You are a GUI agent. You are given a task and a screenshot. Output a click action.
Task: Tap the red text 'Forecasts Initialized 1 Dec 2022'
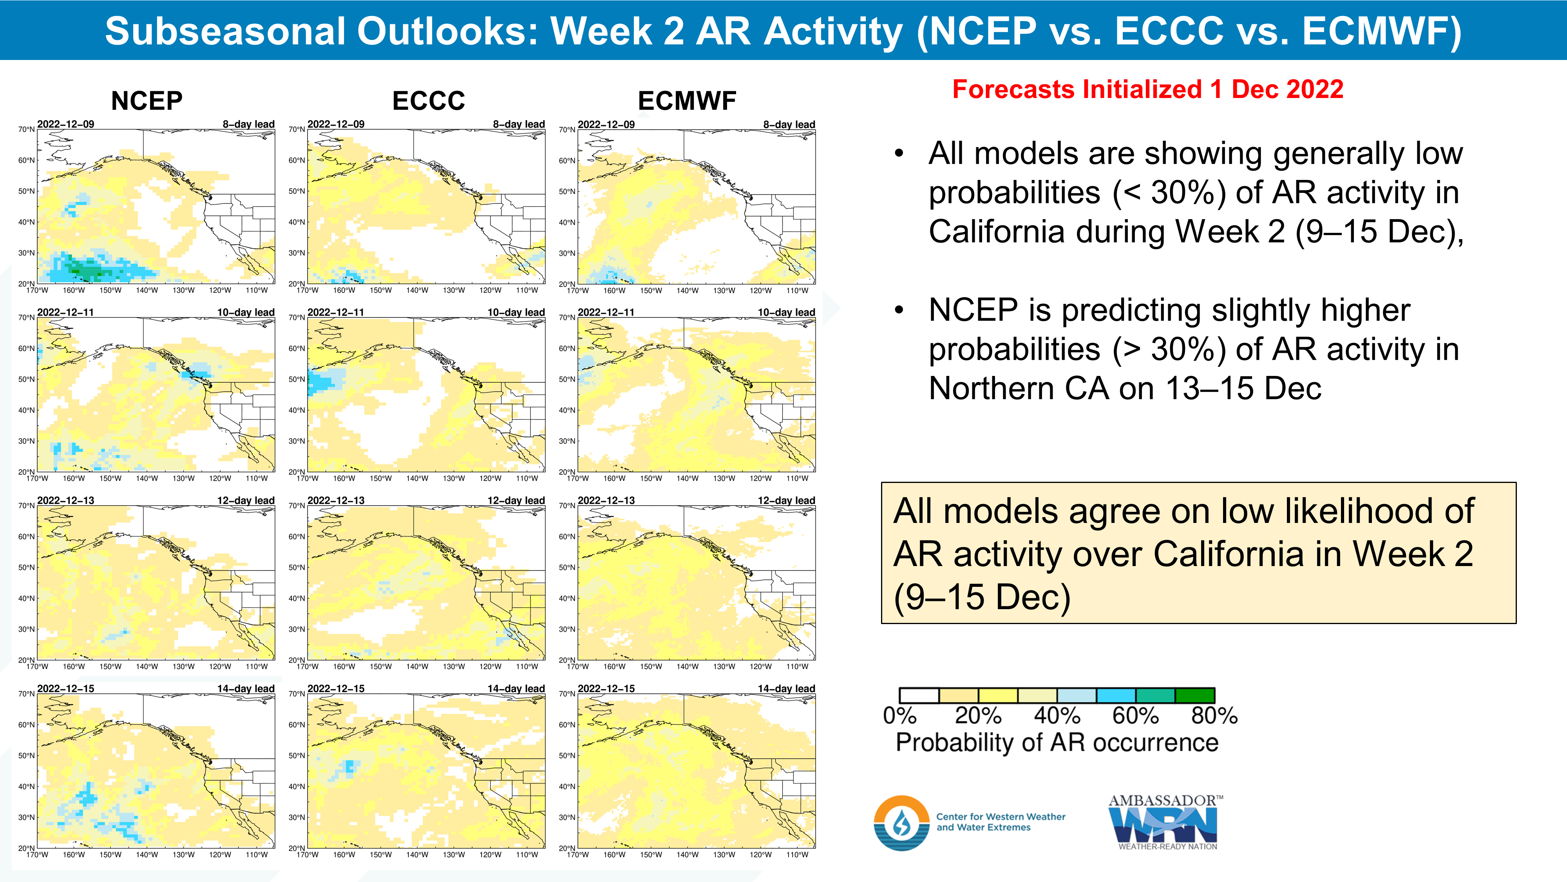coord(1147,89)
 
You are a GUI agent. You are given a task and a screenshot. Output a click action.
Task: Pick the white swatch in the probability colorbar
coord(919,695)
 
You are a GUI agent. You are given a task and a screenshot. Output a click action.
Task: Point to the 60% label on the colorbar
coord(1135,716)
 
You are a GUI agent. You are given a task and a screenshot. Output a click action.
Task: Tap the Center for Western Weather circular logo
coord(901,822)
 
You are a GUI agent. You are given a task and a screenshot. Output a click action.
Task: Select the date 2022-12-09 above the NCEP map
coord(66,124)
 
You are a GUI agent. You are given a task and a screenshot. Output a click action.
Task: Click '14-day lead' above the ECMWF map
coord(787,688)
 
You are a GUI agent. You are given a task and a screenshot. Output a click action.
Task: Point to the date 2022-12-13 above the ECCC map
coord(336,500)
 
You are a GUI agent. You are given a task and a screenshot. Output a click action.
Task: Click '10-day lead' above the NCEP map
coord(246,312)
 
